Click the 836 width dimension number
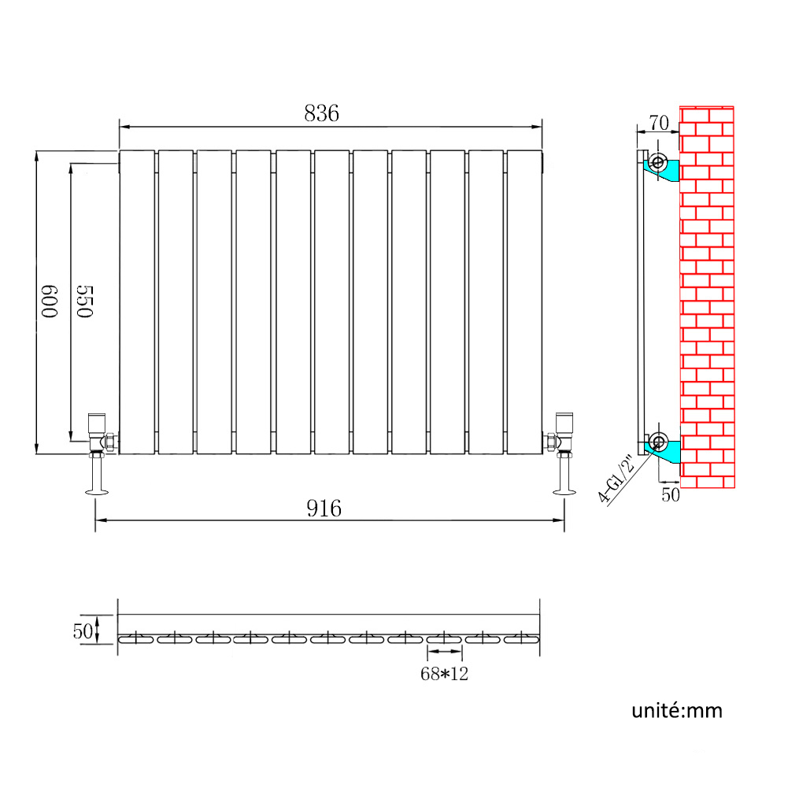(322, 113)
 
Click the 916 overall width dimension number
(324, 509)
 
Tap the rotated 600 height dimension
(50, 302)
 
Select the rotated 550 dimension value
(85, 302)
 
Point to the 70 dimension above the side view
(659, 123)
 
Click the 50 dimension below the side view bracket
(671, 495)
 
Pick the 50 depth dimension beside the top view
(83, 631)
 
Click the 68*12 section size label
(444, 673)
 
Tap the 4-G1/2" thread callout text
(616, 479)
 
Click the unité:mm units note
(677, 711)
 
